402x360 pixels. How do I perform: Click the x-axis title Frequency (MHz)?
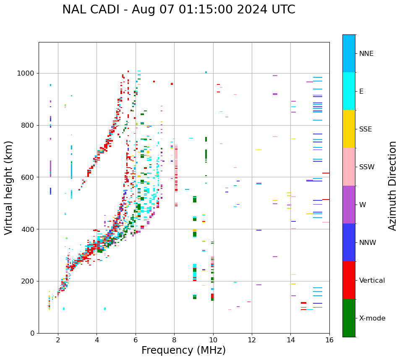click(x=183, y=350)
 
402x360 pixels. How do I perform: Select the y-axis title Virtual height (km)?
click(x=9, y=187)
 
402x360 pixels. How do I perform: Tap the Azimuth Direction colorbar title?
click(x=392, y=185)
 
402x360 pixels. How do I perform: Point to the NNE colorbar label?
click(x=366, y=54)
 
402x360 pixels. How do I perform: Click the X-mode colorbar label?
click(x=372, y=318)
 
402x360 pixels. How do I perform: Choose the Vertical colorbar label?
click(x=372, y=281)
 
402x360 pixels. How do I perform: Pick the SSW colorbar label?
click(x=367, y=167)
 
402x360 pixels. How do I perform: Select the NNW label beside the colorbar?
click(x=368, y=243)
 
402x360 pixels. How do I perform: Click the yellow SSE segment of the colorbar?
click(x=349, y=129)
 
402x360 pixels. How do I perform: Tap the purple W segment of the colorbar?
click(x=349, y=205)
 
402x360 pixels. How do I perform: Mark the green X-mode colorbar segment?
click(x=349, y=318)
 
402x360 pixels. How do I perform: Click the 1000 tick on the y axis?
click(x=26, y=73)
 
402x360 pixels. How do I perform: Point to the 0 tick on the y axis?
click(x=32, y=333)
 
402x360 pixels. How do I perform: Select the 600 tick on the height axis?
click(x=28, y=177)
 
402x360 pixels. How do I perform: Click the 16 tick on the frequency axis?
click(x=329, y=340)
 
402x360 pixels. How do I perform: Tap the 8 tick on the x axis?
click(x=174, y=340)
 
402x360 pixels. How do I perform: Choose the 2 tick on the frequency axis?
click(x=58, y=340)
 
